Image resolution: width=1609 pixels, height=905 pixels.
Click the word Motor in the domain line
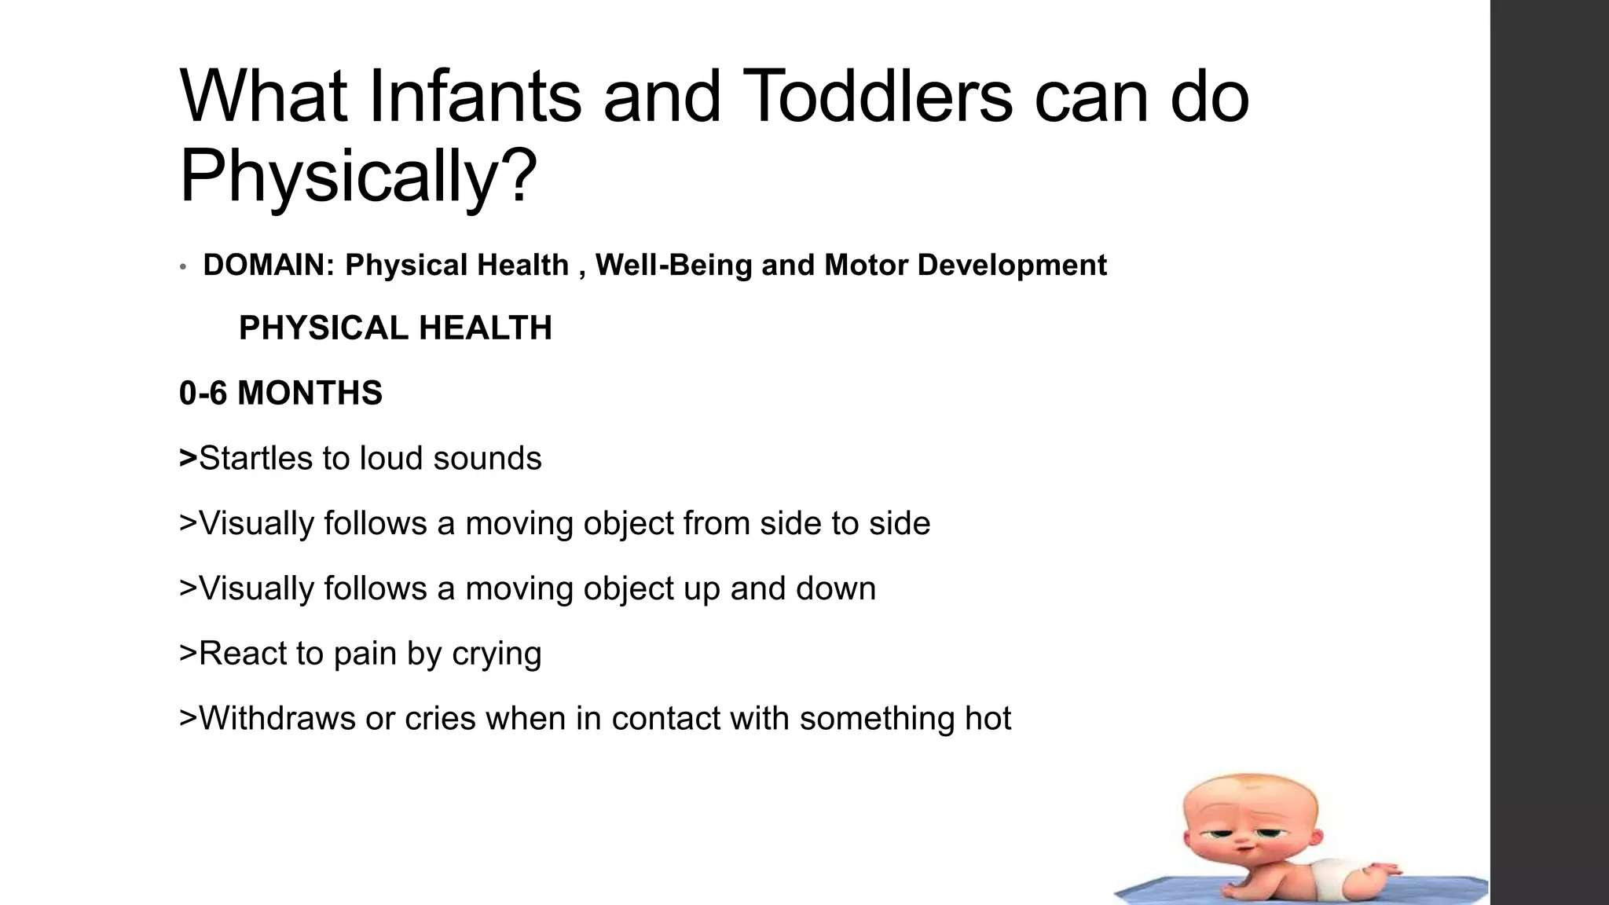866,266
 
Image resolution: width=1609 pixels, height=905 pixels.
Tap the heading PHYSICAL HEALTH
395,328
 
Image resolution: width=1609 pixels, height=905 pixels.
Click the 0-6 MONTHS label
280,393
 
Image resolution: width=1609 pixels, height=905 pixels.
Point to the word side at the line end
900,523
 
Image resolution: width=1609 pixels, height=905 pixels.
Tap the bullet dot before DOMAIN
182,267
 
